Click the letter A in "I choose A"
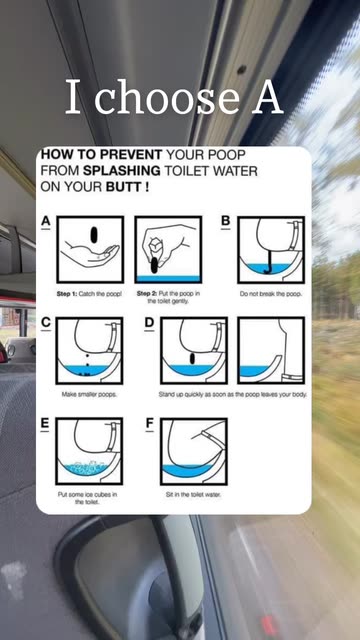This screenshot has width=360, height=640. pos(267,98)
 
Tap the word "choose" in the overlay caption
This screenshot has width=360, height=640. pos(167,98)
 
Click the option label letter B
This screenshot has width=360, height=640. pos(225,221)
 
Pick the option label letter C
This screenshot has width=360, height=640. pos(46,322)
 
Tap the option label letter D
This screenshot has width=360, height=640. pos(149,322)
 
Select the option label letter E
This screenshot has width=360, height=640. pos(45,424)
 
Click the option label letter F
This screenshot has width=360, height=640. pos(149,424)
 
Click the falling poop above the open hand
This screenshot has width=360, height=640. pos(94,235)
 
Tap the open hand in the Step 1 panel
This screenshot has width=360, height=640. pos(90,255)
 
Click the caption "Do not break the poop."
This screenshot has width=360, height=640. pos(271,294)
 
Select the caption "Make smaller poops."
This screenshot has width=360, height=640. pos(89,395)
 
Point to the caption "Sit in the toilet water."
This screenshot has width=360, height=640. pos(193,494)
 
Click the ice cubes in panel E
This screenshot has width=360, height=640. pos(84,467)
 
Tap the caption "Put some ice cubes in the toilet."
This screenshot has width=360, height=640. pos(87,498)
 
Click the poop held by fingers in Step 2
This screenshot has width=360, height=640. pos(154,265)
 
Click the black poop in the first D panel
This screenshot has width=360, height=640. pos(192,359)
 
